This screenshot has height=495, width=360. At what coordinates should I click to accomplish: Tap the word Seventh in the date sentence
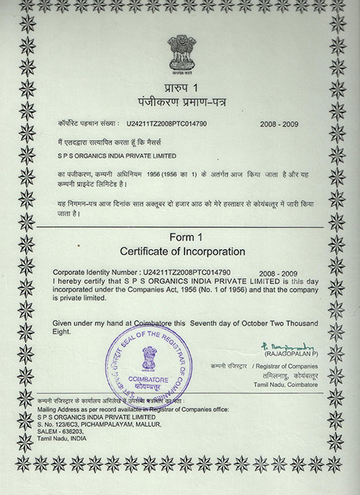click(208, 323)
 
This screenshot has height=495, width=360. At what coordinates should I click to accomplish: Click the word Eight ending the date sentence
click(62, 331)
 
